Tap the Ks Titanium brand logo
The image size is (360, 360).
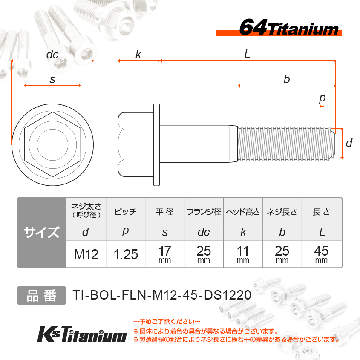tap(82, 334)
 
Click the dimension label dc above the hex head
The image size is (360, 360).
tap(52, 55)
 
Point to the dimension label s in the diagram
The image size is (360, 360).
tap(52, 79)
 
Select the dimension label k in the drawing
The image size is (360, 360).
tap(138, 55)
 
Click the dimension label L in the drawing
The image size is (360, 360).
tap(247, 54)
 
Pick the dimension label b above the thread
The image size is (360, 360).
tap(287, 79)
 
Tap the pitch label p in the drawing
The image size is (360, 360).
tap(323, 98)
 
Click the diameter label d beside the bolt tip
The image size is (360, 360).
tap(349, 143)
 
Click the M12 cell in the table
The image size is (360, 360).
tap(86, 254)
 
